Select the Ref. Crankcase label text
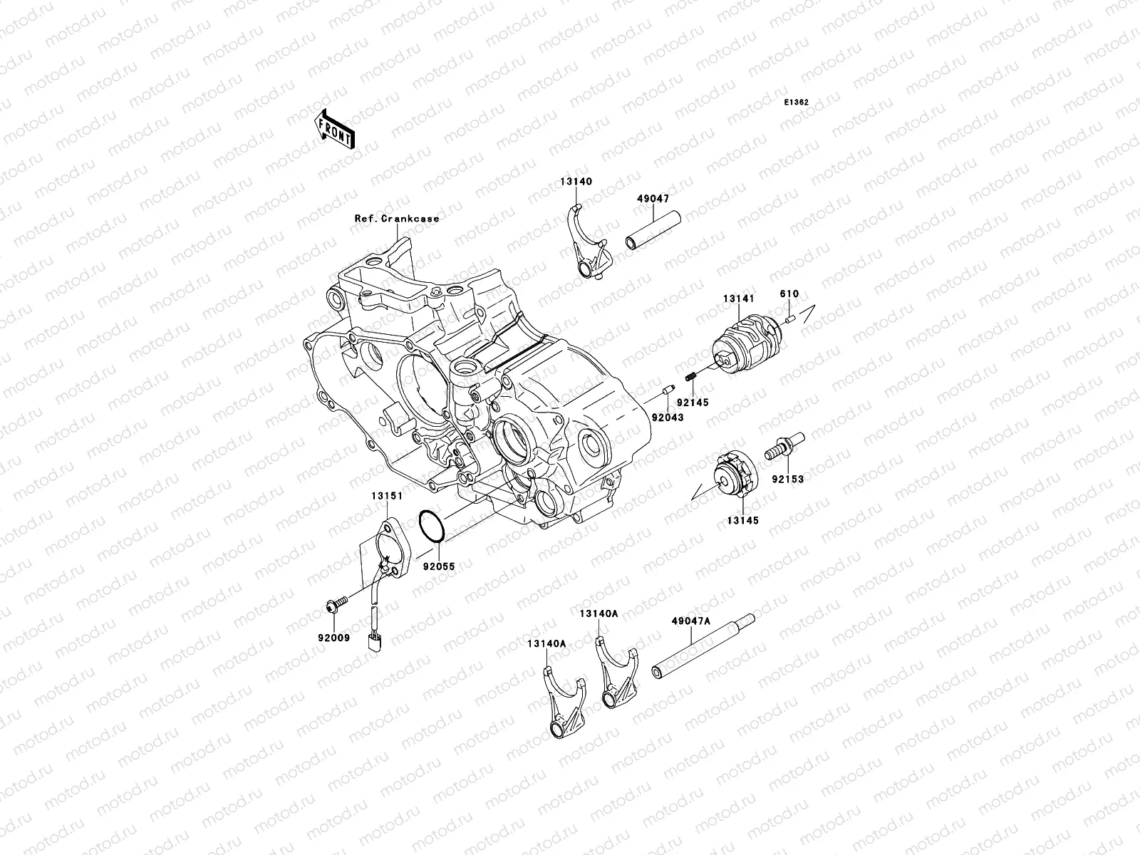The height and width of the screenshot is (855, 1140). click(397, 219)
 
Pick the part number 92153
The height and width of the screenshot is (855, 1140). click(787, 480)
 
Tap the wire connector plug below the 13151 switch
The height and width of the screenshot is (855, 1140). click(372, 643)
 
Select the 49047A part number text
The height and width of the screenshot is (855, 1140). click(690, 621)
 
